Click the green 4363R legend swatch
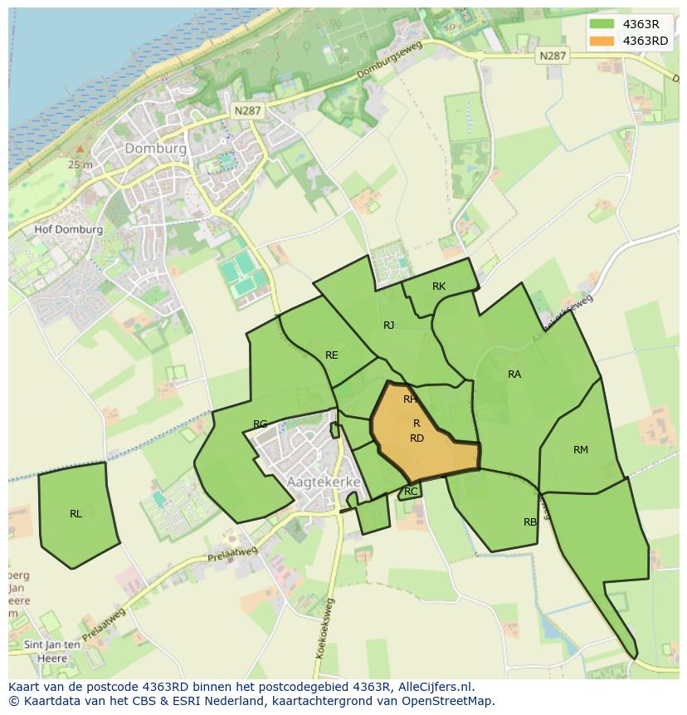pyautogui.click(x=602, y=24)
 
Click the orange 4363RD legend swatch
pyautogui.click(x=602, y=41)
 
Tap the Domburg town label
pyautogui.click(x=155, y=149)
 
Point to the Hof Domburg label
pyautogui.click(x=69, y=230)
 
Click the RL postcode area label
pyautogui.click(x=76, y=514)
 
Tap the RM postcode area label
pyautogui.click(x=581, y=450)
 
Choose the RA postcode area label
pyautogui.click(x=514, y=375)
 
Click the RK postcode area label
pyautogui.click(x=439, y=286)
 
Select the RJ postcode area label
pyautogui.click(x=388, y=326)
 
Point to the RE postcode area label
pyautogui.click(x=332, y=355)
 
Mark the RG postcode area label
pyautogui.click(x=261, y=424)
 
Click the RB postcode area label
pyautogui.click(x=530, y=522)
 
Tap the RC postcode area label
pyautogui.click(x=411, y=492)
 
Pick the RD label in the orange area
pyautogui.click(x=417, y=438)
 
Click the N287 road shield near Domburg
pyautogui.click(x=248, y=110)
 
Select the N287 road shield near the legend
pyautogui.click(x=552, y=56)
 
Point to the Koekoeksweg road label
pyautogui.click(x=324, y=629)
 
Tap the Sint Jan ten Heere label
pyautogui.click(x=51, y=651)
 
